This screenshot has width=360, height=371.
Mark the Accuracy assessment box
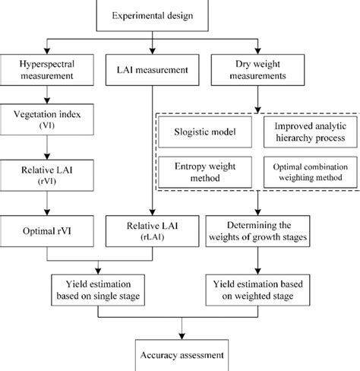[x=181, y=354]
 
